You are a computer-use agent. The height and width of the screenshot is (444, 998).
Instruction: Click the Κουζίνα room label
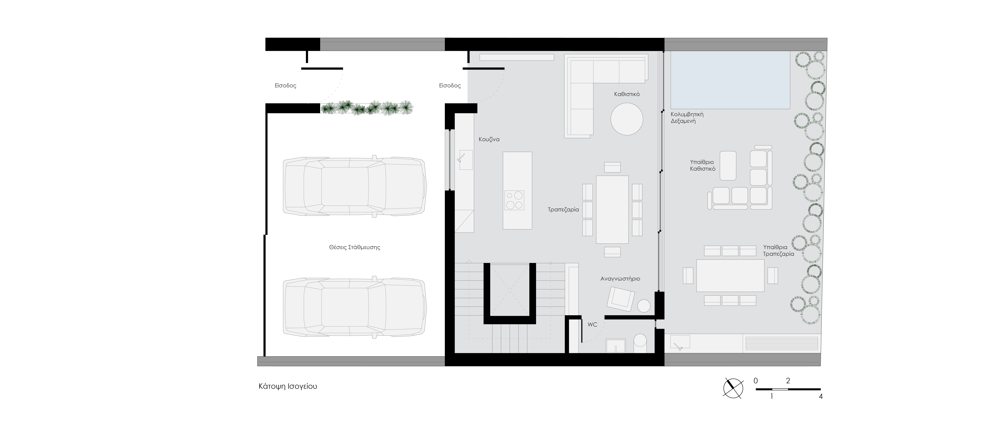pyautogui.click(x=489, y=139)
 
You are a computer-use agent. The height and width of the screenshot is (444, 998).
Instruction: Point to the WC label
pyautogui.click(x=592, y=325)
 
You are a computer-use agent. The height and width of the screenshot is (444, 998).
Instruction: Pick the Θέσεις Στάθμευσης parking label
pyautogui.click(x=354, y=247)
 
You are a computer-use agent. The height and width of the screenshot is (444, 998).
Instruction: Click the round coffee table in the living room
pyautogui.click(x=627, y=119)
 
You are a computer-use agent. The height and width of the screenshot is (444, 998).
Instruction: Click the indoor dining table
pyautogui.click(x=612, y=209)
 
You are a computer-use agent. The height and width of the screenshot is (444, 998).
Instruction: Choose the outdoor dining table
pyautogui.click(x=730, y=275)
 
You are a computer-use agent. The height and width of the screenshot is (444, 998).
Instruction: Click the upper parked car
pyautogui.click(x=354, y=186)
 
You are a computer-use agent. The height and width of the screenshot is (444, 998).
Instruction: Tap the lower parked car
pyautogui.click(x=354, y=307)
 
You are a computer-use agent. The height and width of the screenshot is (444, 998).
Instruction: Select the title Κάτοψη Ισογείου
pyautogui.click(x=288, y=387)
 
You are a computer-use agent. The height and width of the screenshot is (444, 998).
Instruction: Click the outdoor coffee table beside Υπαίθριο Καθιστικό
pyautogui.click(x=728, y=166)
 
